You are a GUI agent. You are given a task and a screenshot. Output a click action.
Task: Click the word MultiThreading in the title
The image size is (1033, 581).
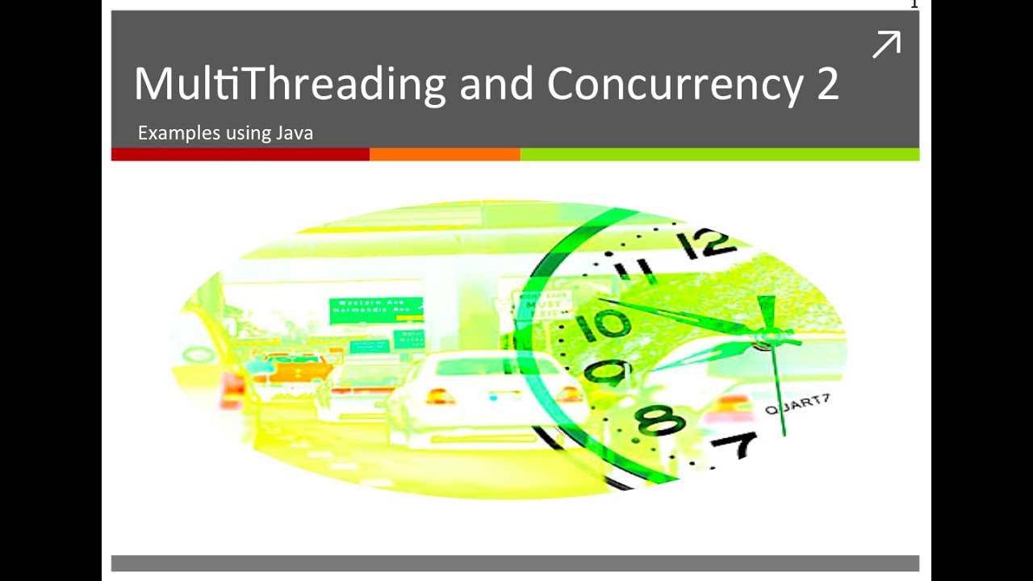(x=290, y=84)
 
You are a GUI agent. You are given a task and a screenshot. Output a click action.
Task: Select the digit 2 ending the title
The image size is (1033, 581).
(x=827, y=84)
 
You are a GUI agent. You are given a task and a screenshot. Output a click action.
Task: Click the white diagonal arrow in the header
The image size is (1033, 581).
(x=886, y=44)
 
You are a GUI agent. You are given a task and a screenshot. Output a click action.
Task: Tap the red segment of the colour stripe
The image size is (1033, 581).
(x=240, y=154)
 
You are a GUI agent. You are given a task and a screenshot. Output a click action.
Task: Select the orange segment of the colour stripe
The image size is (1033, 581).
(x=445, y=154)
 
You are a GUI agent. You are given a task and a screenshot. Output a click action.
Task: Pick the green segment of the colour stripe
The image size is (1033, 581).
(x=719, y=154)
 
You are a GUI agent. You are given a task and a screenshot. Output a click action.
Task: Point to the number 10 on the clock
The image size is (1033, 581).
(x=604, y=324)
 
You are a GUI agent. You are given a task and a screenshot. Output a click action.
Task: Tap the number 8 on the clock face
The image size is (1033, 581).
(x=659, y=420)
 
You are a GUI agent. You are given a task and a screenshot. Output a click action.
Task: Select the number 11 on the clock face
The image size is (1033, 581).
(x=634, y=270)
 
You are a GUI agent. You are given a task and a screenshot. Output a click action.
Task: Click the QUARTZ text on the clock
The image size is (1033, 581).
(x=797, y=404)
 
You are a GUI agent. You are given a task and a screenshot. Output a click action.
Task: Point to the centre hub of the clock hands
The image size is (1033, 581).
(x=763, y=343)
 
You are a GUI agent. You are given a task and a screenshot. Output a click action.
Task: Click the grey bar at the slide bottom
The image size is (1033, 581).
(x=515, y=563)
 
